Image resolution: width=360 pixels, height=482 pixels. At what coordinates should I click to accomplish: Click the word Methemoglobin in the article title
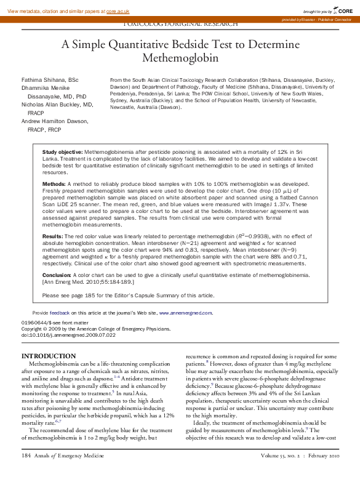point(180,58)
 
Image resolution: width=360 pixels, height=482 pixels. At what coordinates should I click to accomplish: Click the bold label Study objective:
point(62,151)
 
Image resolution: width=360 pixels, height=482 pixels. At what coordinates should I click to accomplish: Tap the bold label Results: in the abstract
point(52,236)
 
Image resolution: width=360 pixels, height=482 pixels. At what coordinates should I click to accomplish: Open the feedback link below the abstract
point(59,313)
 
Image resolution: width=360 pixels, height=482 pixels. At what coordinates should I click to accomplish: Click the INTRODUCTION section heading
point(49,356)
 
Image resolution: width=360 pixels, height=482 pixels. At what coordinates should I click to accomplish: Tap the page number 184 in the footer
point(26,473)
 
